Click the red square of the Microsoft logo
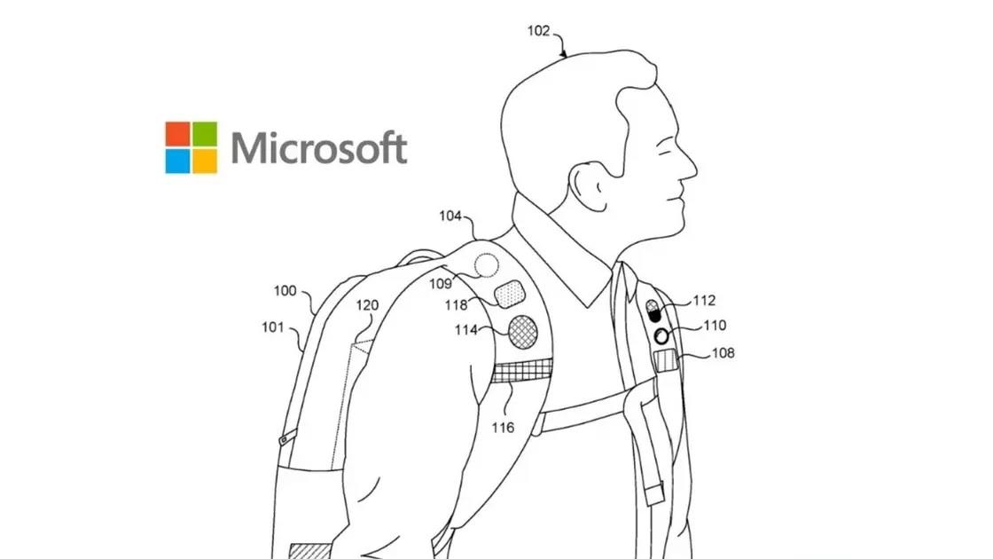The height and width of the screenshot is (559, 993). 177,134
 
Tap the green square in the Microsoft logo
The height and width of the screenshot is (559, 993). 205,134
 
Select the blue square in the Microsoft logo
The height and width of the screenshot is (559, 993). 177,161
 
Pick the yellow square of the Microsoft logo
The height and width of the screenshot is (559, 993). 205,161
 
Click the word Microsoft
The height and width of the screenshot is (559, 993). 319,148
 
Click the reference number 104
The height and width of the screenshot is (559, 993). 450,216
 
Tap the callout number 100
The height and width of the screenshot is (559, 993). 285,290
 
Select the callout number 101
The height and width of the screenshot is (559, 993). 272,327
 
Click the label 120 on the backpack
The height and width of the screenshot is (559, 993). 367,305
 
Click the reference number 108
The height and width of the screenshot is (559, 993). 723,352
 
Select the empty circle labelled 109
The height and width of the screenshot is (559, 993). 487,264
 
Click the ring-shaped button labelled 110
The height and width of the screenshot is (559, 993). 661,335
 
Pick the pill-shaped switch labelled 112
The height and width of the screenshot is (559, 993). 654,311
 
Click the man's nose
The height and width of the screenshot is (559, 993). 689,166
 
